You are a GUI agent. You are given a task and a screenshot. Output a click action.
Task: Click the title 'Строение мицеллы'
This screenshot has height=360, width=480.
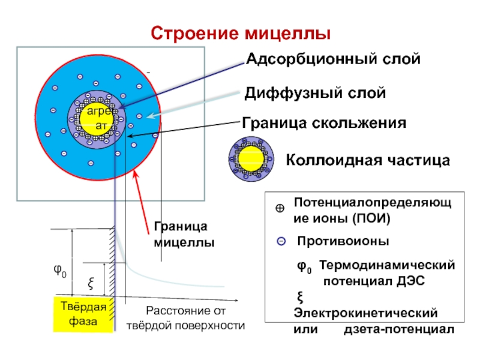point(241,34)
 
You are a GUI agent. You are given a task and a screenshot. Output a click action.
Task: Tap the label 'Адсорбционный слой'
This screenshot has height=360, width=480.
point(333,59)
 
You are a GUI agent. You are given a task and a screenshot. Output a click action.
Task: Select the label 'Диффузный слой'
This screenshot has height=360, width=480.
point(315,93)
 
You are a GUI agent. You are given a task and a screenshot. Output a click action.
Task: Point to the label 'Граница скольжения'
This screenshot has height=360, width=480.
point(324,123)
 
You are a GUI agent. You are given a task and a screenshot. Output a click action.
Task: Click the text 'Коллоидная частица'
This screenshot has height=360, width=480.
point(368,160)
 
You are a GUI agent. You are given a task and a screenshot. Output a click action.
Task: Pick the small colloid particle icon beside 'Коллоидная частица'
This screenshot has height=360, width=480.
point(251,159)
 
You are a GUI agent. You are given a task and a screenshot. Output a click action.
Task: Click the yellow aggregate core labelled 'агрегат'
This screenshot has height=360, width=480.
point(97,119)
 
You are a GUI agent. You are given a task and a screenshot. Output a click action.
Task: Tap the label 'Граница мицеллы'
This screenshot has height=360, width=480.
point(184,235)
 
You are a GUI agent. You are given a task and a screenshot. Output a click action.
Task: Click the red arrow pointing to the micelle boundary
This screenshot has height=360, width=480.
point(142,203)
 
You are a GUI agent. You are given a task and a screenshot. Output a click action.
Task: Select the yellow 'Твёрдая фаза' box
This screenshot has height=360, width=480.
point(83,313)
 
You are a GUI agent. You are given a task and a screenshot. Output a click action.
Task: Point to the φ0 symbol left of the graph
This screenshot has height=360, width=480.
point(60,271)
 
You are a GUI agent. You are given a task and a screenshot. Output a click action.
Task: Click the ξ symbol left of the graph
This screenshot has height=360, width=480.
point(91,283)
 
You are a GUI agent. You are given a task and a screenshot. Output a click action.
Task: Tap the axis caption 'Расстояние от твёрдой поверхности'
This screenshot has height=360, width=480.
point(185,318)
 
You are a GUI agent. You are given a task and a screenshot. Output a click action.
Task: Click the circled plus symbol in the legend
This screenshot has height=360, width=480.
point(280,208)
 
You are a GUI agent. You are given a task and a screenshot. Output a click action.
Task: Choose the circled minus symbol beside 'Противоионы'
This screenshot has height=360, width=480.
point(281,242)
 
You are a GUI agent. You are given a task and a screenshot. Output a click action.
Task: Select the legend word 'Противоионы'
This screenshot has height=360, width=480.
point(343,241)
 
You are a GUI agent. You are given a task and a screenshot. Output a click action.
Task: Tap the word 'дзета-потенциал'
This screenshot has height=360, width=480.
point(399,329)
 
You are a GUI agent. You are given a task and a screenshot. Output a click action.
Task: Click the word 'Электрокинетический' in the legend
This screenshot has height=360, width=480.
point(365,313)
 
